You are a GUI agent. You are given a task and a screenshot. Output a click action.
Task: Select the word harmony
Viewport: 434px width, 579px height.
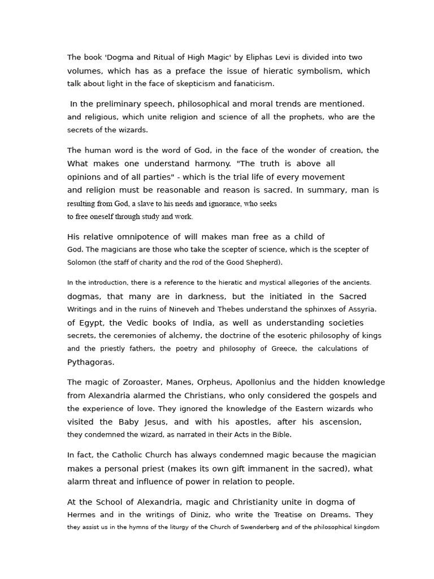coord(209,163)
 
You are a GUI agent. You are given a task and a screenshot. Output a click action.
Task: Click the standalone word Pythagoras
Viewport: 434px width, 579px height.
coord(90,362)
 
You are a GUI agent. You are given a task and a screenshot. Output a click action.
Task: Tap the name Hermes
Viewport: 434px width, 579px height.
coord(82,515)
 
